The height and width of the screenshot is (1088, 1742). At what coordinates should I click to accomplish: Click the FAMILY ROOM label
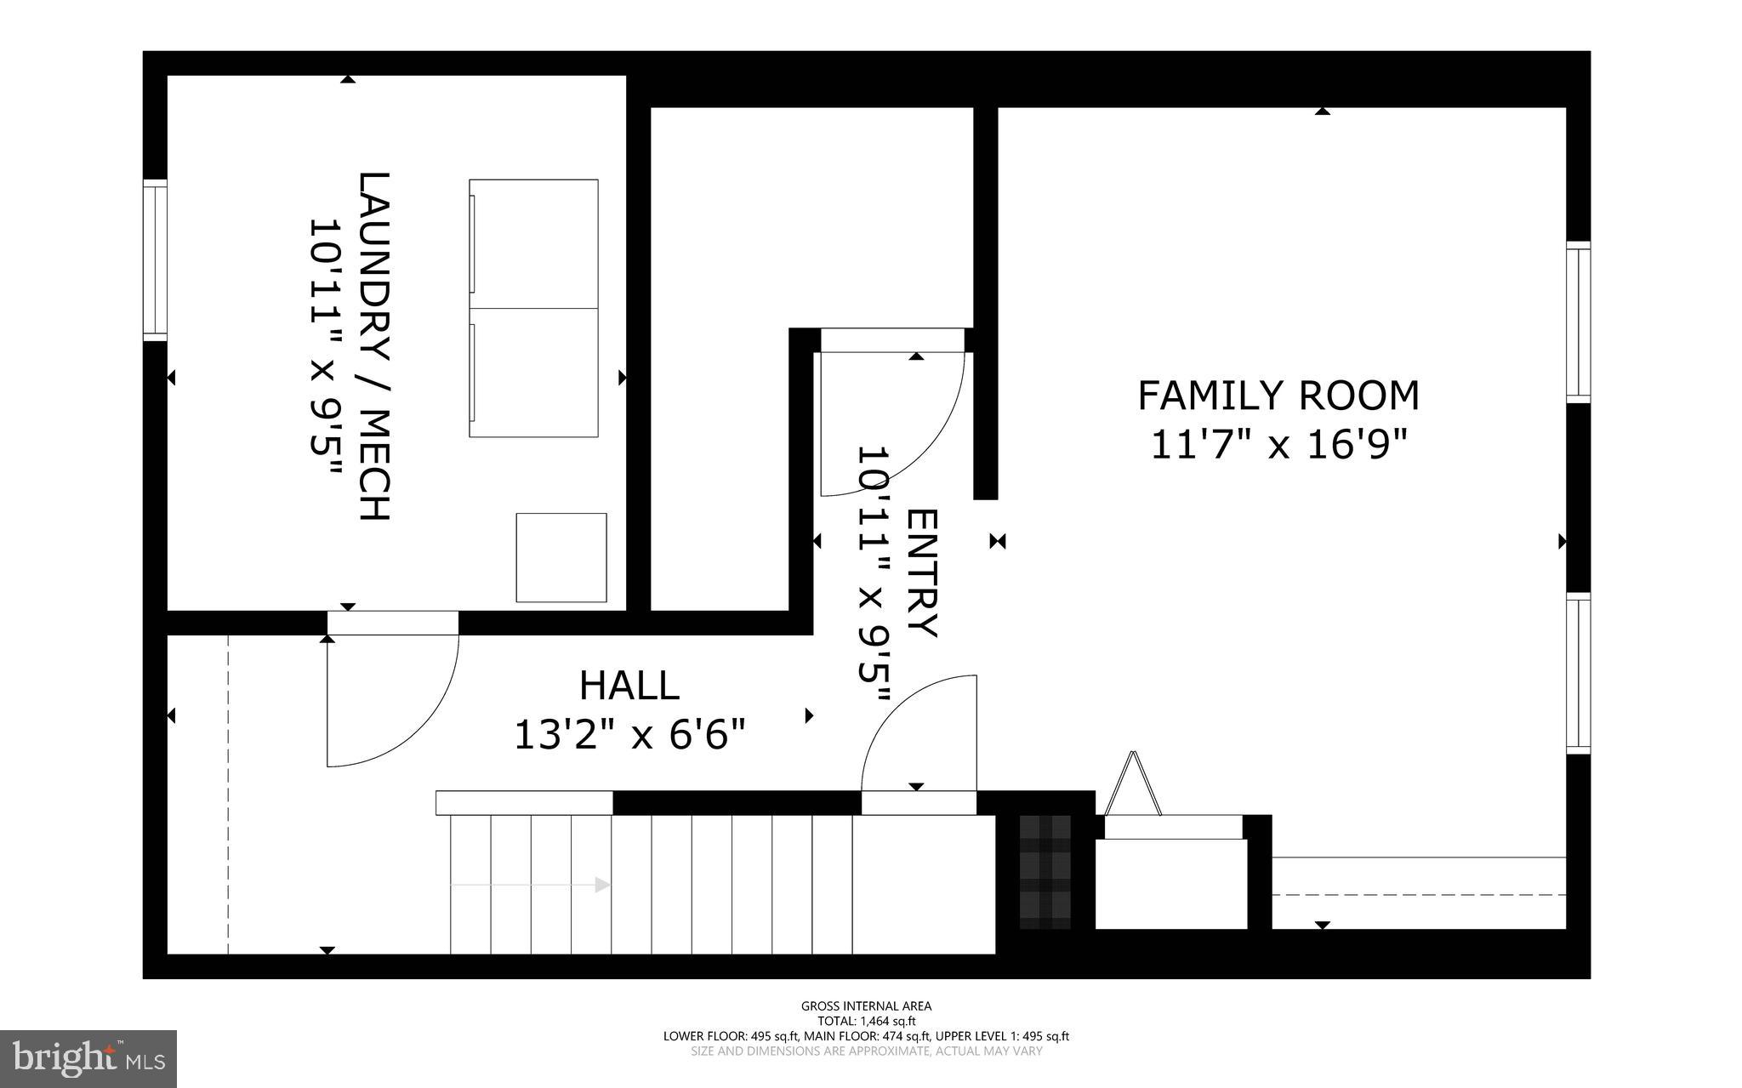1278,396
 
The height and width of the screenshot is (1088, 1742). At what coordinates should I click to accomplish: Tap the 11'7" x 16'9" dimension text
1278,445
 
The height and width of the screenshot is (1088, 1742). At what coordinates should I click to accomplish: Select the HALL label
629,686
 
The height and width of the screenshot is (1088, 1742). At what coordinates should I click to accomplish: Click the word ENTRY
922,572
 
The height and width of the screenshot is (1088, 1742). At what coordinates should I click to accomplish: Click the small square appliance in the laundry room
561,557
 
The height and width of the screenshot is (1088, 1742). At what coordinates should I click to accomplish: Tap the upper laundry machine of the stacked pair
533,243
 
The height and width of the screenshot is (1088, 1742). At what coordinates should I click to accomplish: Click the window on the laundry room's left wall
155,259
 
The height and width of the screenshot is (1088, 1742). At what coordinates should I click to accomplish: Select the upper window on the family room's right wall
1578,322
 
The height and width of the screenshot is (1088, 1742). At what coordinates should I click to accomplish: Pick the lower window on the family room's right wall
1578,674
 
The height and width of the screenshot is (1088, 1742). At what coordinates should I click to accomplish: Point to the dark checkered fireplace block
1045,872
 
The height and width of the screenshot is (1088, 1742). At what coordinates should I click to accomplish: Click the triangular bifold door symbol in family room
1132,784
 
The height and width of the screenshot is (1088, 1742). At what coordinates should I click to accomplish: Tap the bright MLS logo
88,1058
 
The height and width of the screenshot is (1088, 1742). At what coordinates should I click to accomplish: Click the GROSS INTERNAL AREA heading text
866,1006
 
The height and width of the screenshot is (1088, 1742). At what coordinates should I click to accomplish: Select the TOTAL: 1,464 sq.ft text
866,1021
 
